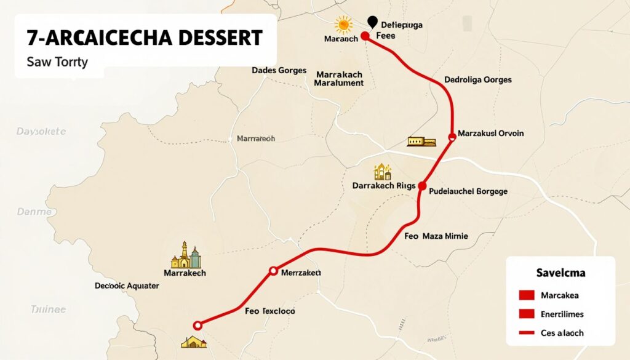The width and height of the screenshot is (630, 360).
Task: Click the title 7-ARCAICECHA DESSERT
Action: click(x=145, y=38)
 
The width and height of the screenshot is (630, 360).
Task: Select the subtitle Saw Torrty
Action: click(x=57, y=62)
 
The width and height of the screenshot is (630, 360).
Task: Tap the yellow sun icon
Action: click(x=342, y=25)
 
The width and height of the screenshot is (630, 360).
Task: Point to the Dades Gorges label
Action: click(x=279, y=71)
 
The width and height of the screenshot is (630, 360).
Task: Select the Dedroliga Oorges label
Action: click(x=477, y=80)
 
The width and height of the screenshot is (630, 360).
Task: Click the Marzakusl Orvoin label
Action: click(x=491, y=134)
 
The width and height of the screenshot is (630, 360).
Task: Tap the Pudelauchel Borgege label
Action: click(x=468, y=191)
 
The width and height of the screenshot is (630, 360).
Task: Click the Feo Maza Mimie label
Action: click(x=436, y=236)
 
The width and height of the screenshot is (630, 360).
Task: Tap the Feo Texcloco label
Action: click(x=269, y=311)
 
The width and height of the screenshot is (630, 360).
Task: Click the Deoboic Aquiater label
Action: click(x=127, y=286)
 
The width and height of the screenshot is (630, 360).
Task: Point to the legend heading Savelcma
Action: click(x=560, y=272)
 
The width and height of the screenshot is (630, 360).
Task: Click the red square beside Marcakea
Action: click(x=527, y=295)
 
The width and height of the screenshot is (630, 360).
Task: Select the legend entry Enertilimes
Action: click(x=562, y=314)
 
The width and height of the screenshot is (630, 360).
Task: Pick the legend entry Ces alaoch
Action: click(x=562, y=333)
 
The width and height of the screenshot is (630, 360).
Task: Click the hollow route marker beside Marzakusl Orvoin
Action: click(x=453, y=137)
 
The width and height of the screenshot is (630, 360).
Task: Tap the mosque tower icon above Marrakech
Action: click(x=185, y=254)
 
